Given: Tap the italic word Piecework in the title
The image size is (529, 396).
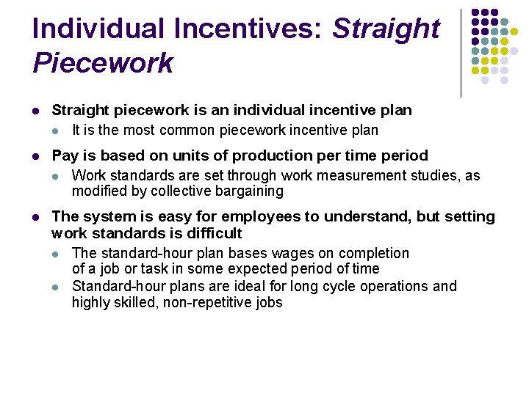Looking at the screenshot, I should tap(103, 63).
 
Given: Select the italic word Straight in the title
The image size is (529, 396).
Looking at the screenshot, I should tap(386, 29).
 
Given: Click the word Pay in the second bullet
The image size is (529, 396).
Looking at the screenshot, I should tap(65, 155).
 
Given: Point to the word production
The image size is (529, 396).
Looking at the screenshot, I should tap(302, 155).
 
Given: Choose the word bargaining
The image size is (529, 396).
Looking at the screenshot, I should tap(247, 191).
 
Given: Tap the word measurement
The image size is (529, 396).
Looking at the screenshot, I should tap(347, 176).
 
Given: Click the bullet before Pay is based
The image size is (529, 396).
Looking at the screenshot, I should tap(36, 156).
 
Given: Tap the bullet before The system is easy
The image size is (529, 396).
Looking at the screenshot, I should tap(36, 217).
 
